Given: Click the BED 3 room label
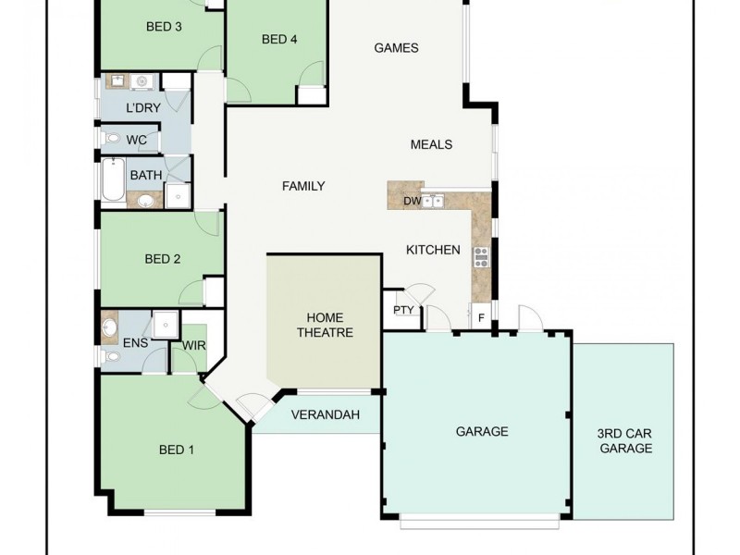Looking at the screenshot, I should tap(164, 27).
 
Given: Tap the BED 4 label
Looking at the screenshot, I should tap(279, 39).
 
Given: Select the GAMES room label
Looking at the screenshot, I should tap(396, 48).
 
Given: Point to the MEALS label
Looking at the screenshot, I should tap(431, 144).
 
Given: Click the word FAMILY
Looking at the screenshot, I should tap(303, 186).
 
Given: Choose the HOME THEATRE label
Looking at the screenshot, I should tap(325, 325).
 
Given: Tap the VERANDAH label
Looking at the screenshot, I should tap(325, 415).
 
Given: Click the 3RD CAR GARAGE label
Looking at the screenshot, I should tap(626, 441).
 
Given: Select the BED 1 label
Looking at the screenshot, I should tap(177, 450).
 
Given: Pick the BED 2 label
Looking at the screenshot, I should tap(163, 259).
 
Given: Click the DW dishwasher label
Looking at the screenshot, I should tap(412, 201).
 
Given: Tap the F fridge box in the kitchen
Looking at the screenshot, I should tap(481, 316).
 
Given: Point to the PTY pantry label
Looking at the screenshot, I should tap(404, 310).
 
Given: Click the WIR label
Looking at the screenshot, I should tap(194, 346).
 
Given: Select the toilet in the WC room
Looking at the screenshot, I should tap(112, 140).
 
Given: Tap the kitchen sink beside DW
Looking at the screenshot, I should tap(434, 201).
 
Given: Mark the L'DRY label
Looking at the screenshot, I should tap(143, 109).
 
